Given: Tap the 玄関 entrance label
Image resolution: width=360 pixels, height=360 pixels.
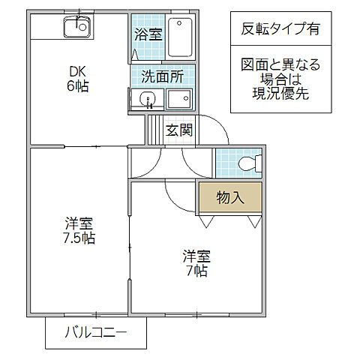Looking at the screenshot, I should tap(178, 130).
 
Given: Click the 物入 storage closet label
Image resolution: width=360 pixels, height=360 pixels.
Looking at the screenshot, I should tap(229, 197).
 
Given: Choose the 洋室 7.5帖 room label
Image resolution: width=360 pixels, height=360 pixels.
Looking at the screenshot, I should tap(79, 231).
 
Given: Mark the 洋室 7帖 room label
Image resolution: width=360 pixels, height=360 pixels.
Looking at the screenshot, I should tap(196, 262).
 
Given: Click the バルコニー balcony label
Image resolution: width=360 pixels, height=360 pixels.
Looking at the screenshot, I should tap(95, 332).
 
